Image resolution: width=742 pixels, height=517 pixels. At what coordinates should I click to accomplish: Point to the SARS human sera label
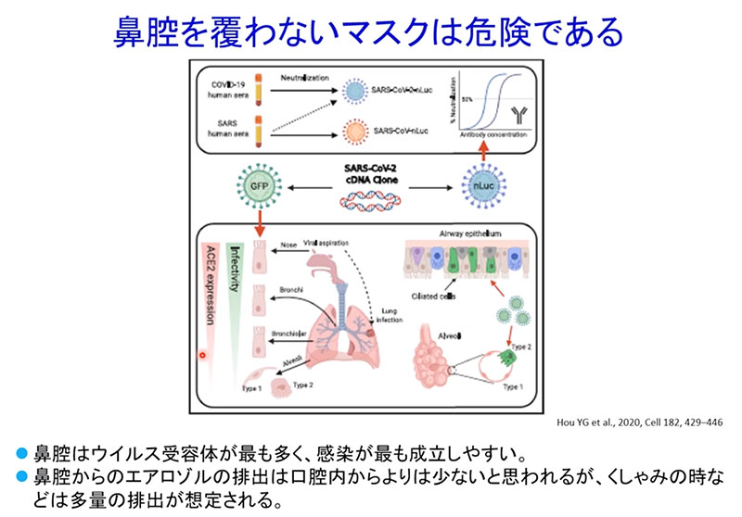228,128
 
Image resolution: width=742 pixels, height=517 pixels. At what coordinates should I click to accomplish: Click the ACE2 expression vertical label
212,286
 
